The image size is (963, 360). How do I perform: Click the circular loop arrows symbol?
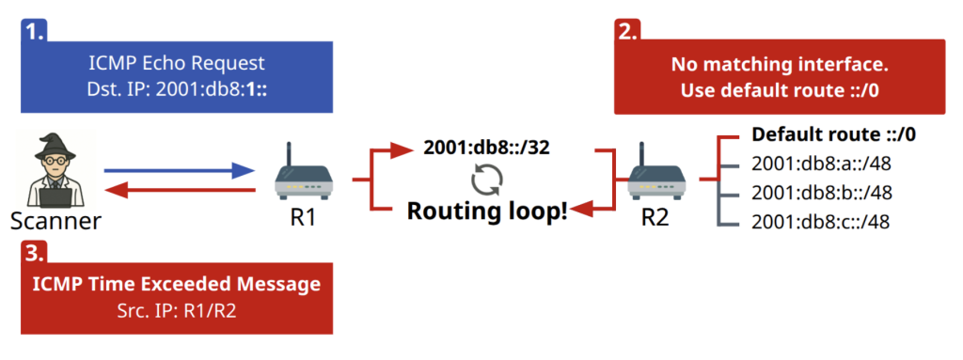point(488,178)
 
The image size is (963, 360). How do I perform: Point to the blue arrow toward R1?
point(180,170)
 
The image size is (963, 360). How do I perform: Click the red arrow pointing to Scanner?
point(180,191)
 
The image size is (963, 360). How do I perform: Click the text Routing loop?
point(487,210)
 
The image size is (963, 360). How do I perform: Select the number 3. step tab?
point(35,251)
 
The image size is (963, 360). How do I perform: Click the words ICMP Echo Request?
point(177,64)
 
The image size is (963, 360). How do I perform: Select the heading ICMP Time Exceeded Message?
point(177,284)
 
